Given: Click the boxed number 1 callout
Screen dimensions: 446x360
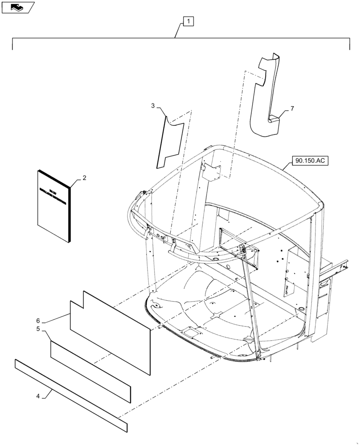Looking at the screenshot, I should coord(188,21).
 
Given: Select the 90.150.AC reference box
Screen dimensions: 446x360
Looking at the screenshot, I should coord(310,161).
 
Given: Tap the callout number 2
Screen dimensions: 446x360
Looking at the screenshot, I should coord(85,178).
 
